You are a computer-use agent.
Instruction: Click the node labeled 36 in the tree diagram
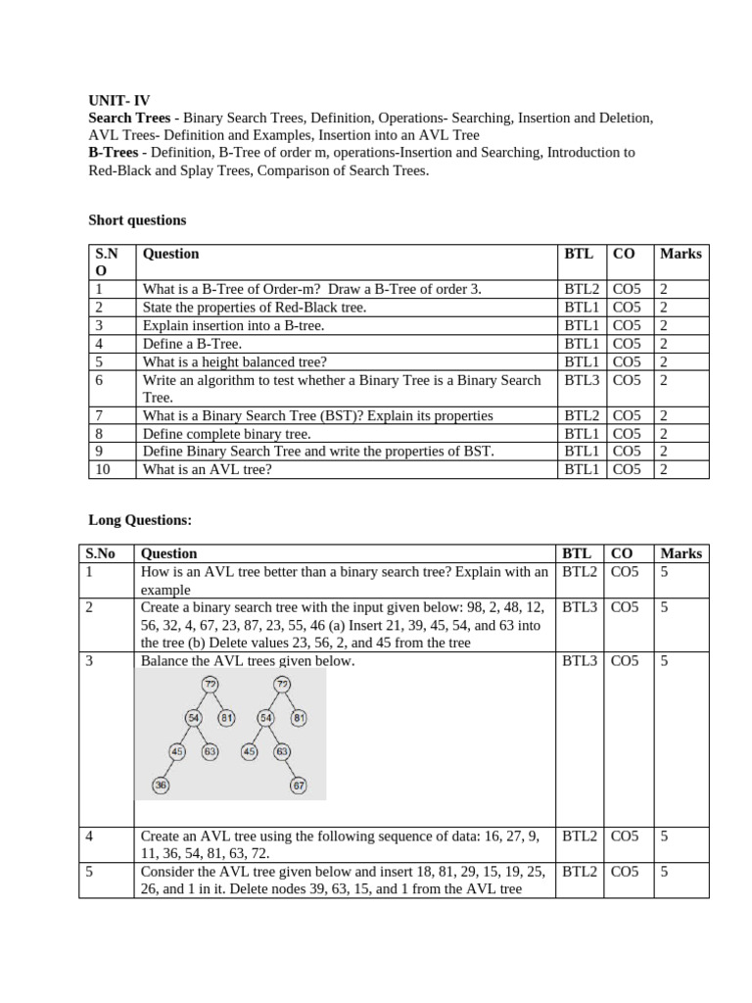pos(161,785)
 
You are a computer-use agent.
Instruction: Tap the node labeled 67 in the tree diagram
pos(299,785)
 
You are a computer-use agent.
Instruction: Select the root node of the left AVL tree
pos(211,684)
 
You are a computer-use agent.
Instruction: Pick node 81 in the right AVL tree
pos(300,718)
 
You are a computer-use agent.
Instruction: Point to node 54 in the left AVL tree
pos(194,718)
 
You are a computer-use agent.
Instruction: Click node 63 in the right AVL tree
pos(282,751)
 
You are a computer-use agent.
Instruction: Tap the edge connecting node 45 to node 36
pos(168,769)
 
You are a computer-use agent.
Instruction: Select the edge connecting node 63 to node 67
pos(291,769)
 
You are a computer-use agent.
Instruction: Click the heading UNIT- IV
pos(119,100)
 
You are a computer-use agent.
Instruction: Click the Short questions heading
pos(137,220)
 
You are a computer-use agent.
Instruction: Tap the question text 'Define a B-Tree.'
pos(192,343)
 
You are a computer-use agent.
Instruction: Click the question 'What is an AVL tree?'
pos(207,469)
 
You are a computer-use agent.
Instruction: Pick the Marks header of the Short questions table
pos(681,254)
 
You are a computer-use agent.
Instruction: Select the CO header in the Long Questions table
pos(623,553)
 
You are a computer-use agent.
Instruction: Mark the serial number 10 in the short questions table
pos(103,469)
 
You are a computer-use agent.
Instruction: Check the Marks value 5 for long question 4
pos(665,836)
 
